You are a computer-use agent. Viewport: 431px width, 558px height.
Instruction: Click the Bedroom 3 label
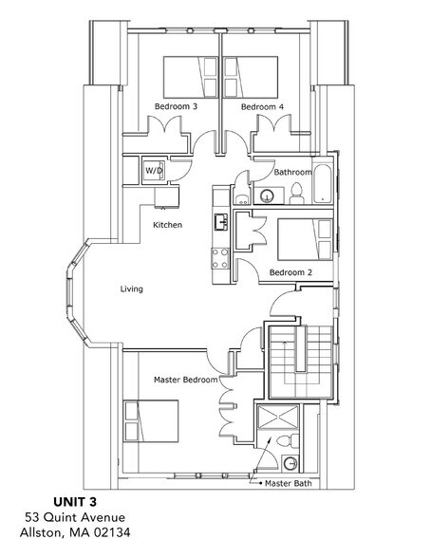coord(176,107)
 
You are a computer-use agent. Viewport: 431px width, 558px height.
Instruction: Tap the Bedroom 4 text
coord(262,107)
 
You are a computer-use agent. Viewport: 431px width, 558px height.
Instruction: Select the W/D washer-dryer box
coord(153,170)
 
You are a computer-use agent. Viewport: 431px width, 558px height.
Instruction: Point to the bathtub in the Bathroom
coord(324,182)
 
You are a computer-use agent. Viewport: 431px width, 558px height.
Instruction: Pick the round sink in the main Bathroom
coord(268,196)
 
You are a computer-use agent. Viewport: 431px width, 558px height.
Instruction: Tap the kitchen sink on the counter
coord(220,222)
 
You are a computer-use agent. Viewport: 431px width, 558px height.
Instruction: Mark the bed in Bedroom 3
coord(191,73)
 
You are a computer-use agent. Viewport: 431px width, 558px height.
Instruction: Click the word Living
coord(132,288)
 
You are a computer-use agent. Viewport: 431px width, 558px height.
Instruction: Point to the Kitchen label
coord(168,225)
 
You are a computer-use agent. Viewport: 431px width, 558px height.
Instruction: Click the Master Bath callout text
coord(290,484)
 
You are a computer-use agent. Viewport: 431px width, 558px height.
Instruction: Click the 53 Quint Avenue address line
coord(74,517)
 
